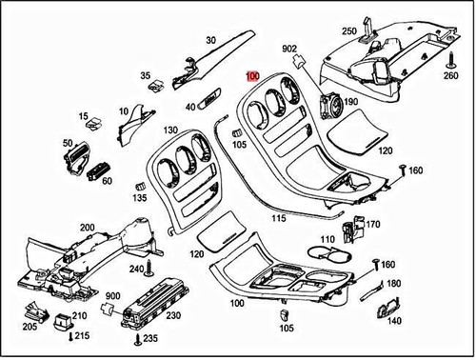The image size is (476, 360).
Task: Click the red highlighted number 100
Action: click(x=252, y=76)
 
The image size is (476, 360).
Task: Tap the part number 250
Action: click(x=349, y=31)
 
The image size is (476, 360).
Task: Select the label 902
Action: click(x=290, y=48)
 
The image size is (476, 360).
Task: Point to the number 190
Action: click(x=350, y=102)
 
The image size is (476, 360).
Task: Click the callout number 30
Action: click(x=210, y=39)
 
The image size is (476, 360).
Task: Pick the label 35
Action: click(x=146, y=75)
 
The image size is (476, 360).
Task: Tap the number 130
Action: click(x=170, y=130)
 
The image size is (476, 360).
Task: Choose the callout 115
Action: click(x=278, y=218)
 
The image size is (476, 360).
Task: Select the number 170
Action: click(x=372, y=226)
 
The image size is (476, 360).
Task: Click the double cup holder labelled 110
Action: click(x=332, y=254)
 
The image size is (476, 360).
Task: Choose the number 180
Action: click(x=394, y=283)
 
